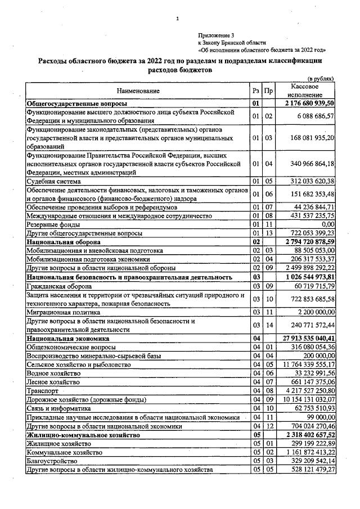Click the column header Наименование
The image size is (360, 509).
click(x=138, y=91)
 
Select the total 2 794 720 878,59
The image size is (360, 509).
click(x=310, y=241)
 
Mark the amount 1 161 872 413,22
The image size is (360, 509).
click(x=310, y=451)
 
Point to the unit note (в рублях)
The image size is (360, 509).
click(x=321, y=79)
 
